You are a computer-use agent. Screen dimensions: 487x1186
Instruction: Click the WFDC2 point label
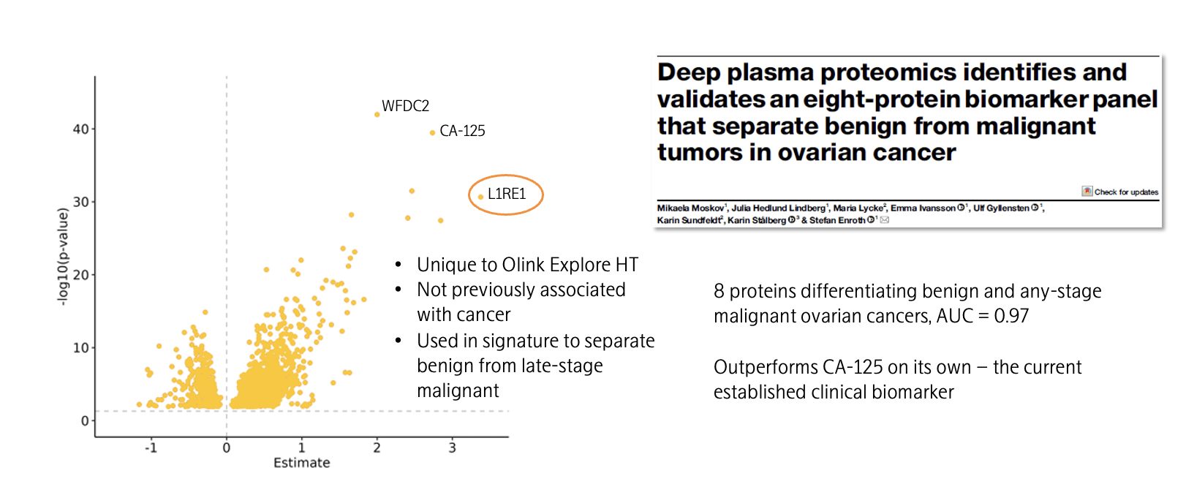[x=405, y=106]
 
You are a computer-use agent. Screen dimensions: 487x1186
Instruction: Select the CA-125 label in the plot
[x=462, y=131]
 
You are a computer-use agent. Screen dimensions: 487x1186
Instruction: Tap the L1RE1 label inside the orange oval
[x=507, y=194]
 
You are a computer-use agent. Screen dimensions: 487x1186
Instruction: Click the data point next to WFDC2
[x=377, y=115]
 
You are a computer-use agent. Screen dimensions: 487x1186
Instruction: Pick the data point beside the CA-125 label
[x=432, y=132]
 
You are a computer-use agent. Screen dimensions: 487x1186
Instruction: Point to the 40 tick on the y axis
[x=80, y=129]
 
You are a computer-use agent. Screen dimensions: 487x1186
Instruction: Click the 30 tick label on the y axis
[x=80, y=202]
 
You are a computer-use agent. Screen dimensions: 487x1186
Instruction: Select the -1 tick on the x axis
[x=151, y=448]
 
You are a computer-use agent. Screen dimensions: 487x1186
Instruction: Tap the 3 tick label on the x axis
[x=453, y=448]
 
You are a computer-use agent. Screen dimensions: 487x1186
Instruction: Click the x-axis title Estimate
[x=301, y=463]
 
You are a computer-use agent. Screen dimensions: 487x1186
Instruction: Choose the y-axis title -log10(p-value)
[x=63, y=257]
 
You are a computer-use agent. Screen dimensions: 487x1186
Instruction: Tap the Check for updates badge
[x=1120, y=192]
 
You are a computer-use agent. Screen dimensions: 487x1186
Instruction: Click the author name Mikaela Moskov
[x=690, y=208]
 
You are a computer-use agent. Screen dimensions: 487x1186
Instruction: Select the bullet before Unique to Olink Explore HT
[x=399, y=265]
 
